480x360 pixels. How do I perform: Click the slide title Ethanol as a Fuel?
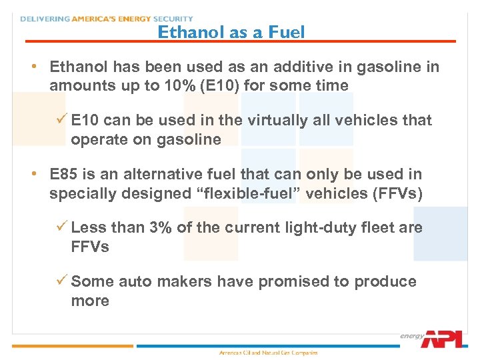click(x=231, y=31)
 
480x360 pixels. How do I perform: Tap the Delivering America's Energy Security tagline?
click(x=107, y=19)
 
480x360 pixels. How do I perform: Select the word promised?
click(x=293, y=281)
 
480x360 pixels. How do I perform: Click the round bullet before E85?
click(x=33, y=174)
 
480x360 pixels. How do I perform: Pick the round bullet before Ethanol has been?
click(x=33, y=67)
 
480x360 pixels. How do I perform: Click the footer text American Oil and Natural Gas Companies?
click(x=269, y=353)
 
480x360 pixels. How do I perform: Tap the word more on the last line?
click(x=90, y=301)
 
